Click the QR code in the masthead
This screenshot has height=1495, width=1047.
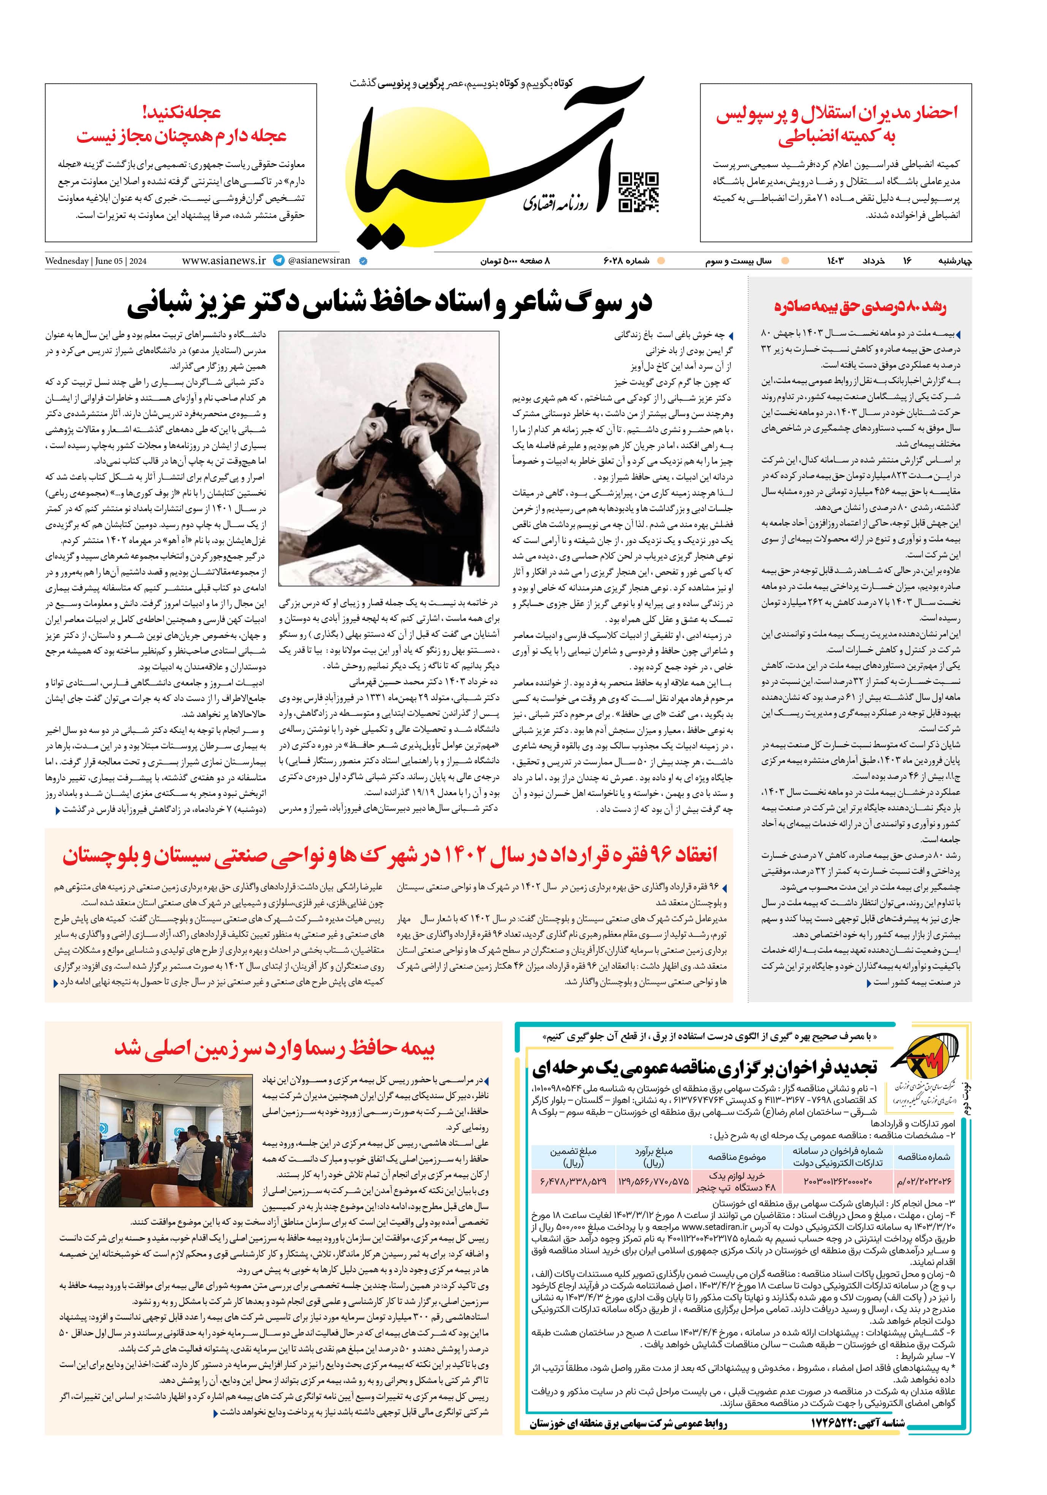(638, 193)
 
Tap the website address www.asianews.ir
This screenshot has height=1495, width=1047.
(223, 260)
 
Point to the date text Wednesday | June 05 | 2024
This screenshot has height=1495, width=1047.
(96, 261)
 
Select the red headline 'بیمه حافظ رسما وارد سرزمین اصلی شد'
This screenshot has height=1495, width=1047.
(274, 1048)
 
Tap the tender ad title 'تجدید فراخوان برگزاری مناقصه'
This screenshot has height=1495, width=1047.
(705, 1068)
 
